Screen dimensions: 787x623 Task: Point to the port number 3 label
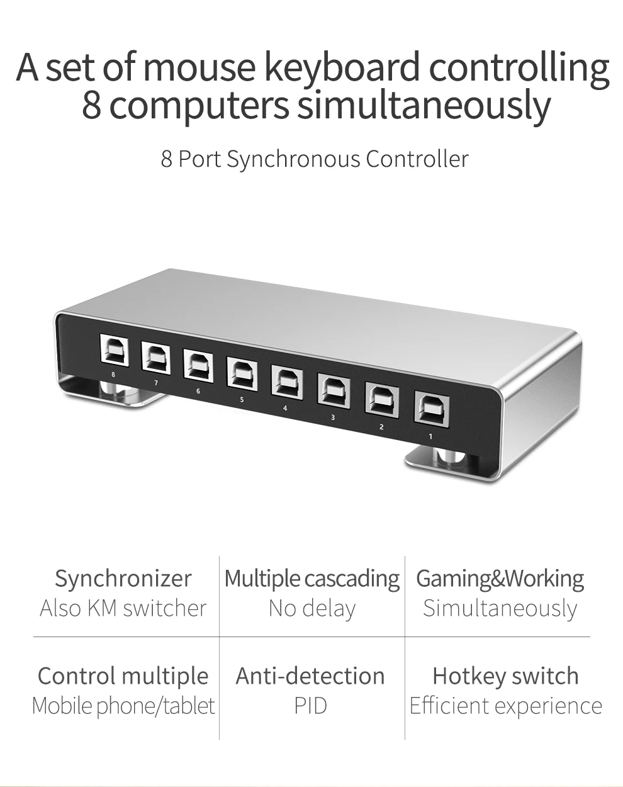pos(332,417)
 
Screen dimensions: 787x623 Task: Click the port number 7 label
pos(155,383)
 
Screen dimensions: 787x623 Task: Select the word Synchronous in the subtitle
pos(293,159)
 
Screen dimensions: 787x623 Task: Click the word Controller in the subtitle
pos(417,159)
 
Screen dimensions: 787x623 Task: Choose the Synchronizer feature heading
pos(123,578)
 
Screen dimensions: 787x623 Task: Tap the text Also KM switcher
pos(123,608)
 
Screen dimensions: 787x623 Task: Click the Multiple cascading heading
pos(312,579)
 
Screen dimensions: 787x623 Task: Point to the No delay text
pos(312,608)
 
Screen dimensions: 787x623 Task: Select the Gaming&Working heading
pos(500,578)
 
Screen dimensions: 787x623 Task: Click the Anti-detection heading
pos(310,676)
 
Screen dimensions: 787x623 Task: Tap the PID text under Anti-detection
pos(311,706)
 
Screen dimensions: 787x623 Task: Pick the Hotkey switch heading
pos(505,676)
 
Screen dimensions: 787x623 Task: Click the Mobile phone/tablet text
pos(123,706)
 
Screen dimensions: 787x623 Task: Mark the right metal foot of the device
pos(444,463)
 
